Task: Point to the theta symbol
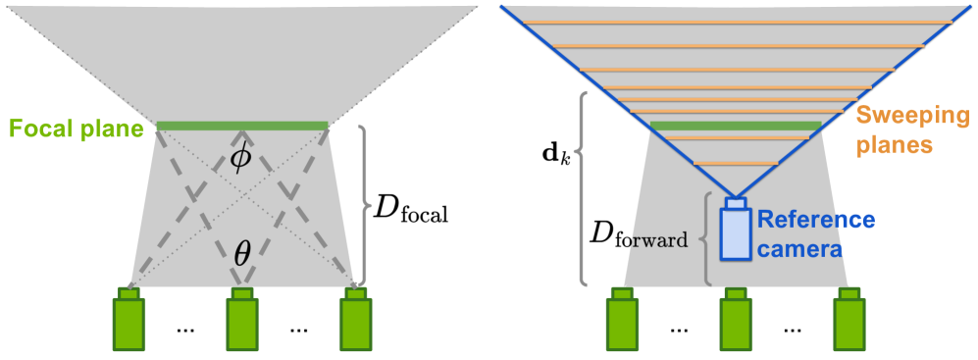coord(241,253)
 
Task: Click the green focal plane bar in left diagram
coord(241,126)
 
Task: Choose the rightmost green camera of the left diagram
coord(355,324)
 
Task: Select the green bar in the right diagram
coord(736,126)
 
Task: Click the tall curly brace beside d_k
coord(584,188)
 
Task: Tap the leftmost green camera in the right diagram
coord(621,324)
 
